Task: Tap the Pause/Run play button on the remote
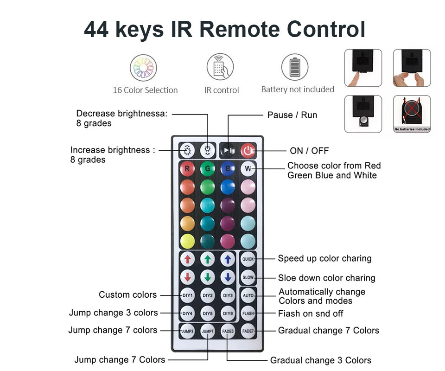click(228, 150)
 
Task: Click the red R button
click(187, 169)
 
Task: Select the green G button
click(208, 169)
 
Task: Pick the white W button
click(248, 169)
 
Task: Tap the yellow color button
click(187, 241)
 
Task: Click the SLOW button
click(248, 277)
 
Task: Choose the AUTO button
click(248, 295)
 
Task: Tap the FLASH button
click(248, 313)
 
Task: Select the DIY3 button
click(228, 295)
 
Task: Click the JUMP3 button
click(187, 331)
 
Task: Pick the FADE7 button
click(248, 331)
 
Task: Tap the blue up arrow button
click(228, 259)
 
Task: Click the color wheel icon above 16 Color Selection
click(143, 68)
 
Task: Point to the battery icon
click(295, 67)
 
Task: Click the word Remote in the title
click(240, 29)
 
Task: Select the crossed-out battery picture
click(412, 114)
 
